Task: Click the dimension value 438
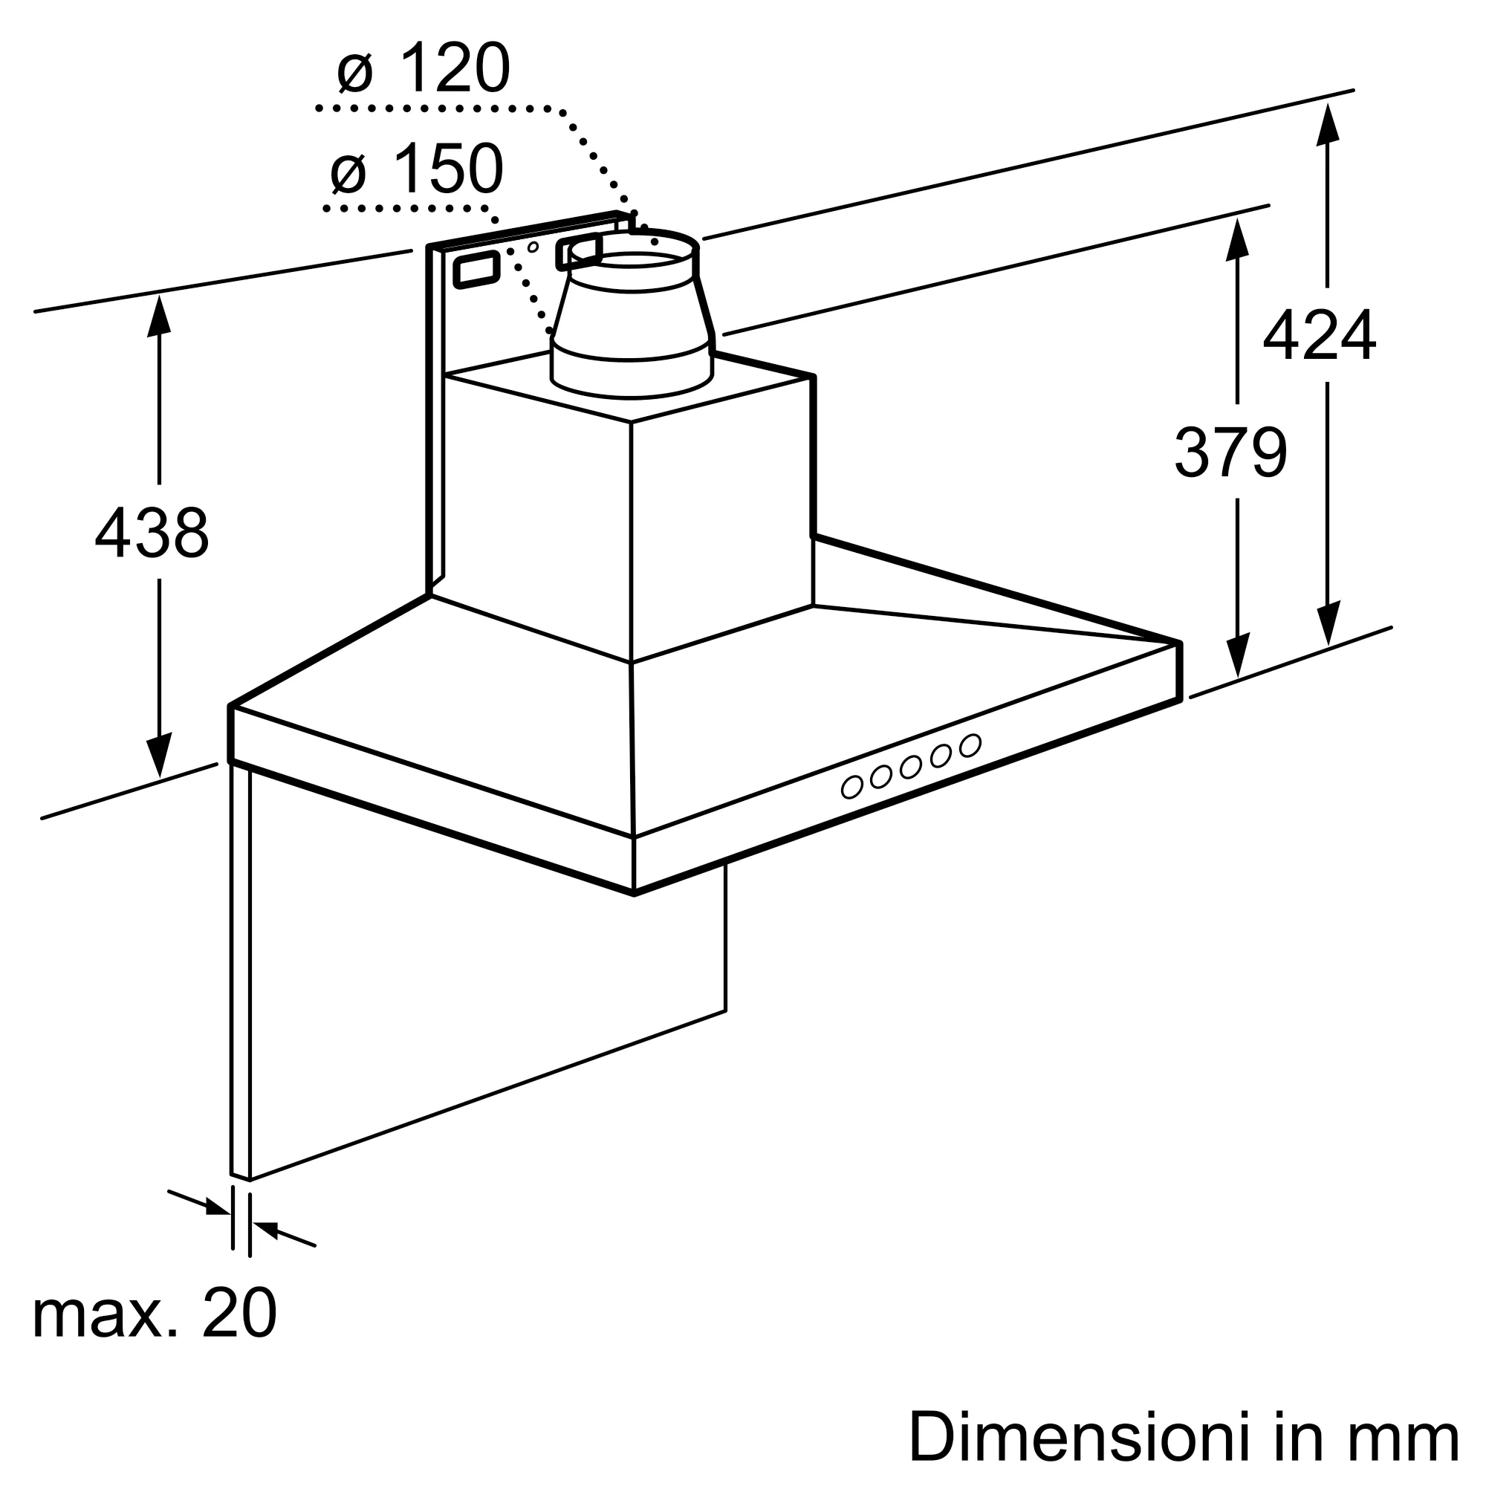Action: click(x=152, y=531)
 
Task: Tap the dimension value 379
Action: click(x=1230, y=452)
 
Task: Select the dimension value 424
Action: click(x=1320, y=334)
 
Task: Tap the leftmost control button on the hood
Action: click(x=851, y=787)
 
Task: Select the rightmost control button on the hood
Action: click(x=970, y=744)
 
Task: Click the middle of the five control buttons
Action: click(x=912, y=766)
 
